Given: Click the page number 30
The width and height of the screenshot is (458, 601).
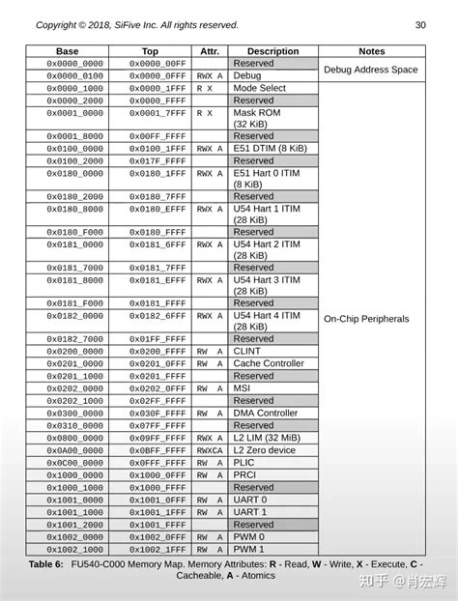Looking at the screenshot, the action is point(420,24).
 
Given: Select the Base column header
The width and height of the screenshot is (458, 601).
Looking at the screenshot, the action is point(67,51).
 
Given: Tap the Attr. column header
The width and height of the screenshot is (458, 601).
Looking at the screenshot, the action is point(210,51).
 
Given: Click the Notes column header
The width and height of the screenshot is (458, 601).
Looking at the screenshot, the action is point(371,51).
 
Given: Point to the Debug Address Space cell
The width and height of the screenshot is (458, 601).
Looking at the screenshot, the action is point(371,70).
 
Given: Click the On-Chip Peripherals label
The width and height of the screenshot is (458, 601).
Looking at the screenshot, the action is point(366,318).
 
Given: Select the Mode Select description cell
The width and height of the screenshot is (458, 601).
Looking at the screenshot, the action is point(261,88).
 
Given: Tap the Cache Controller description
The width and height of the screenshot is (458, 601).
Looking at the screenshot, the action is point(269,364).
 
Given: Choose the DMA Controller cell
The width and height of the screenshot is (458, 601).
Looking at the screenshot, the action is point(266,413).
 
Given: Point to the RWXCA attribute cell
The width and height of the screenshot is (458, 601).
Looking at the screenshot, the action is point(210,450).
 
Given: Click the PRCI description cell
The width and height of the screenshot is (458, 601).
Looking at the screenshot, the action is point(246,474).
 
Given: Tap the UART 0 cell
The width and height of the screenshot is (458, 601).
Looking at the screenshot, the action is point(250,500).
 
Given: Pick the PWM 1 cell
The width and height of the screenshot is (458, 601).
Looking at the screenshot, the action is point(248,548).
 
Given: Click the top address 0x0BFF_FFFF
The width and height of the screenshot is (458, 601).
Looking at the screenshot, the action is point(150,450).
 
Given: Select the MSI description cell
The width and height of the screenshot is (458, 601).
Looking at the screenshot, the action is point(243,388).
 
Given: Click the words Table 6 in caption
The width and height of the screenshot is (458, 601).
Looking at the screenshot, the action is point(47,562).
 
